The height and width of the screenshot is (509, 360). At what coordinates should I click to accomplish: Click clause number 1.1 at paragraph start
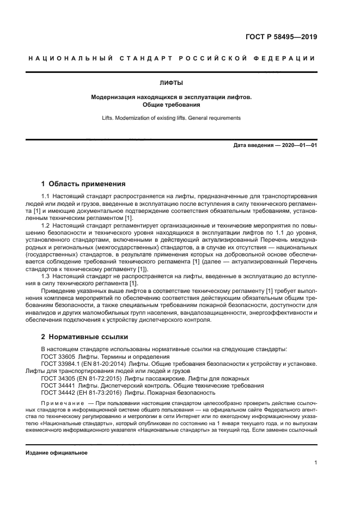click(x=46, y=195)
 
